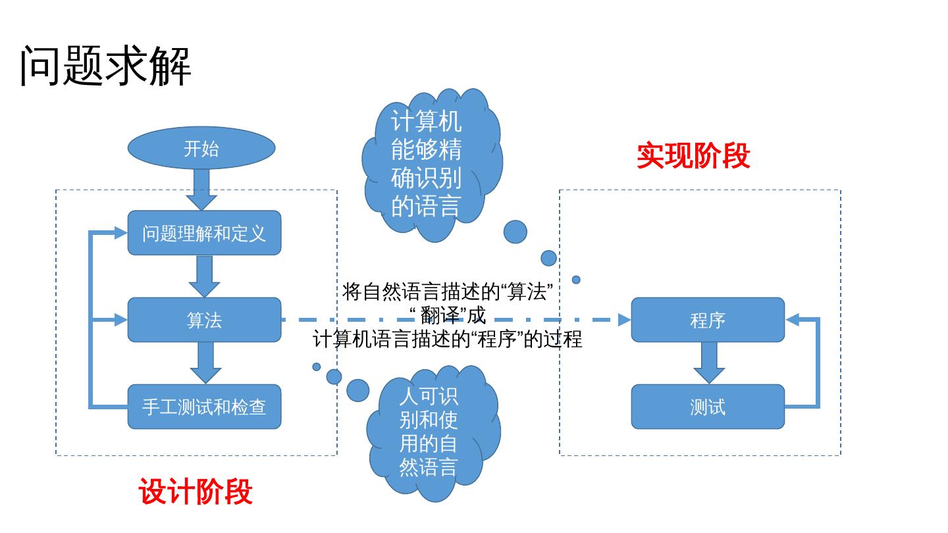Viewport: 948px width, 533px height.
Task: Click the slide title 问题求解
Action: pos(105,66)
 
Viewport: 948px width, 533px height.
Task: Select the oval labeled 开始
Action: pos(201,149)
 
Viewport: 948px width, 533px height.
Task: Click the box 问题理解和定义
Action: pos(204,233)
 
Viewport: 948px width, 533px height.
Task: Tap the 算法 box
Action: pos(204,320)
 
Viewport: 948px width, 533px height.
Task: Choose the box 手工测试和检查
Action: pos(204,407)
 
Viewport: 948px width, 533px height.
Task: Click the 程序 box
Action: pos(708,320)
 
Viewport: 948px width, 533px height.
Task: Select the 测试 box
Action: pos(708,407)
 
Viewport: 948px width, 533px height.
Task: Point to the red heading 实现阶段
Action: pos(693,157)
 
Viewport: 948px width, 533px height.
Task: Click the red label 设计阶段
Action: pos(196,492)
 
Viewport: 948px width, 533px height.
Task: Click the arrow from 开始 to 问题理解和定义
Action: pos(201,190)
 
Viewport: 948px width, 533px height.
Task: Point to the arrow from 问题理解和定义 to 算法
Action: pos(204,276)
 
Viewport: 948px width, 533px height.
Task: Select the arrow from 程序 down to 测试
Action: pos(709,363)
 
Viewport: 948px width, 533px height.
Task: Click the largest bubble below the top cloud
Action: pos(515,232)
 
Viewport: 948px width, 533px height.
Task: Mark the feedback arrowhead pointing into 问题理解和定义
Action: pos(120,232)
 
